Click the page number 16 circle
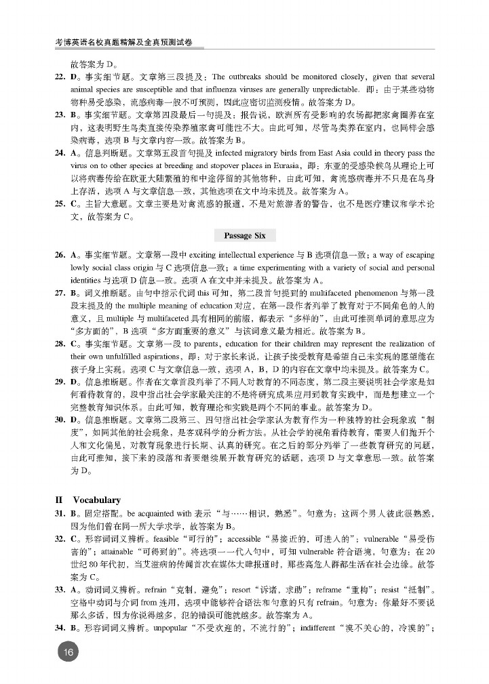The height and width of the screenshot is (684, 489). pos(67,652)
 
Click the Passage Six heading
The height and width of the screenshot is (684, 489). pos(245,235)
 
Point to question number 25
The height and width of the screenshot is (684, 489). pos(60,203)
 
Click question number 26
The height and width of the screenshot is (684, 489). pos(60,255)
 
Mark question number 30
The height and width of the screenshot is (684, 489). pos(60,420)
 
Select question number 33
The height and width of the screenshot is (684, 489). pos(60,588)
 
